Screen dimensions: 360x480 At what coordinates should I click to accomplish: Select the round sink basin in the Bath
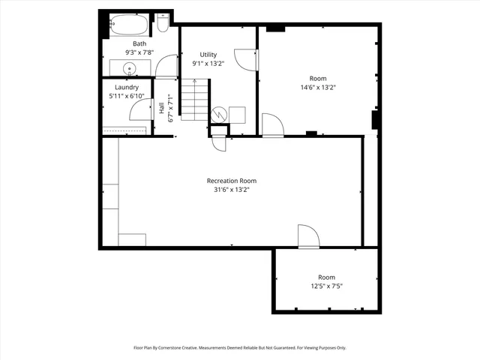click(130, 69)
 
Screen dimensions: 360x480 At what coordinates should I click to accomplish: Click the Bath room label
click(139, 44)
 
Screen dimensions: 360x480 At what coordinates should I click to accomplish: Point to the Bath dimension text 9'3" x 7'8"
click(139, 52)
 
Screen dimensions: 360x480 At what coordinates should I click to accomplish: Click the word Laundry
click(127, 88)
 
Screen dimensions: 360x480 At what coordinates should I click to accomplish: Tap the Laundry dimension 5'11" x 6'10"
click(127, 96)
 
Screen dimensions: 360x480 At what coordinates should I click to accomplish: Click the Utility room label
click(208, 55)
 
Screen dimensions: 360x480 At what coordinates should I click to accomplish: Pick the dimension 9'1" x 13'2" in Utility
click(208, 64)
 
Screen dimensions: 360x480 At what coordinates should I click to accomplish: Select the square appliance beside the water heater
click(237, 114)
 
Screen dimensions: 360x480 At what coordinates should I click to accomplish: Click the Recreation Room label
click(232, 181)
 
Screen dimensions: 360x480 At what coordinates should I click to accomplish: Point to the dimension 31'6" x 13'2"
click(232, 190)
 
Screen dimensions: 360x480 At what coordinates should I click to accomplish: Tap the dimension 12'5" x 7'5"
click(326, 286)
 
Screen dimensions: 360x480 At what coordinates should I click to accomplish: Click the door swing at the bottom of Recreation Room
click(307, 235)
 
